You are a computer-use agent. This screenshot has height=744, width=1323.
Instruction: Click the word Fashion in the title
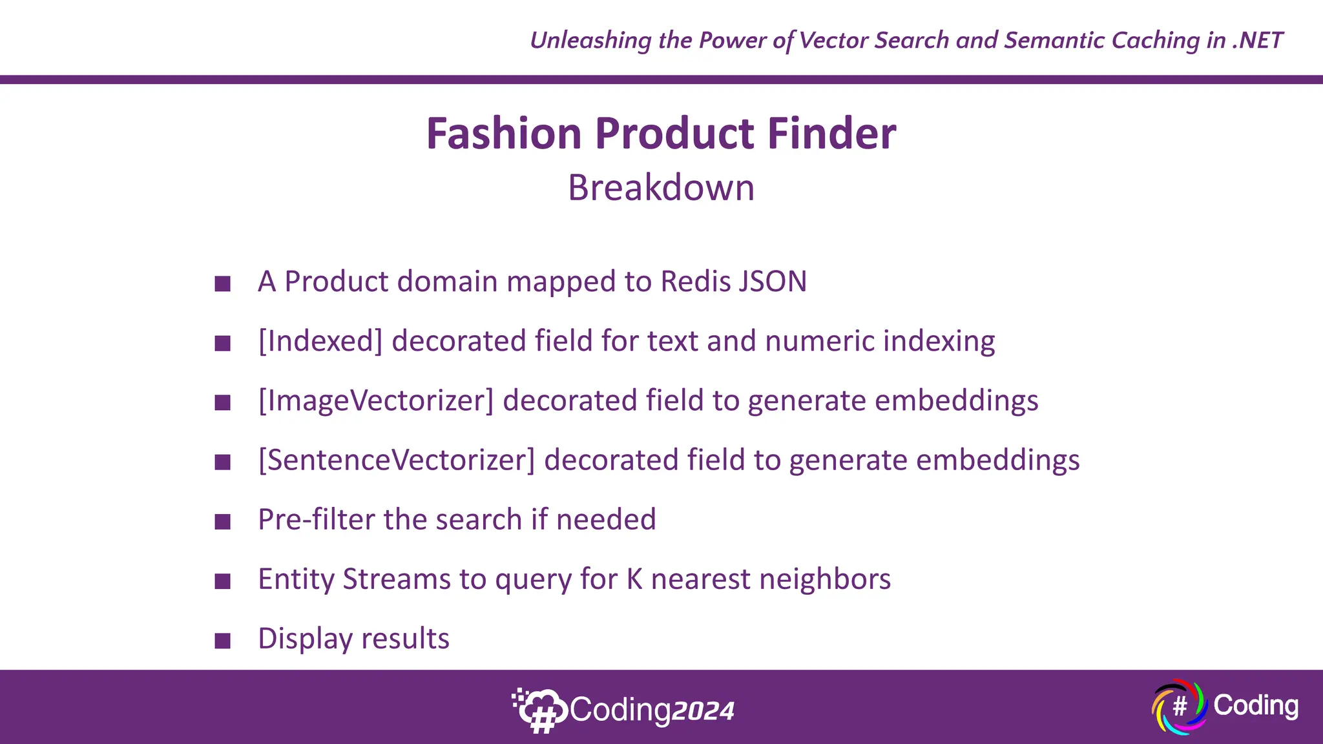pyautogui.click(x=504, y=134)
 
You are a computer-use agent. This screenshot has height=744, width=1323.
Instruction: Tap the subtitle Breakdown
pyautogui.click(x=661, y=188)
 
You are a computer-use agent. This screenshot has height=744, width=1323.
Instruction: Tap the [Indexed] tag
pyautogui.click(x=320, y=341)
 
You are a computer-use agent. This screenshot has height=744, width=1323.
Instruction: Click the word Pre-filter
pyautogui.click(x=317, y=519)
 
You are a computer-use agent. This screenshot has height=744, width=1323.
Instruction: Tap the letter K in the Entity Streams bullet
pyautogui.click(x=634, y=579)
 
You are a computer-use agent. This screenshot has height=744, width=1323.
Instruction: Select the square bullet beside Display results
pyautogui.click(x=223, y=641)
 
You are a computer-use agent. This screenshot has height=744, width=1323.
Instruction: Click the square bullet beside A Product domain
pyautogui.click(x=223, y=284)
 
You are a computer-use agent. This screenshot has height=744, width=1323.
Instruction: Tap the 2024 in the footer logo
pyautogui.click(x=703, y=711)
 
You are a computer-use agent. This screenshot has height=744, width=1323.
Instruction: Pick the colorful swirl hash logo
pyautogui.click(x=1179, y=707)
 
